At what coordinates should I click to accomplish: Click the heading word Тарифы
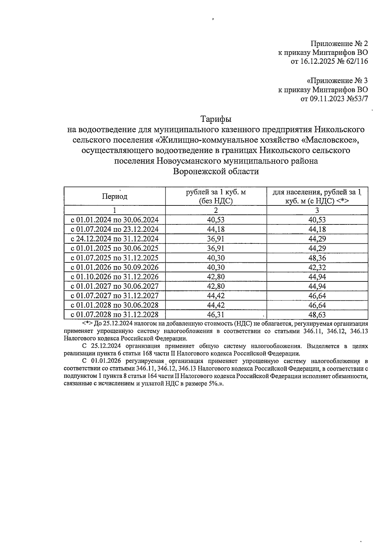click(x=216, y=119)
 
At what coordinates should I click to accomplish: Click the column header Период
click(x=115, y=196)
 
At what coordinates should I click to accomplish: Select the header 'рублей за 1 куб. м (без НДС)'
click(x=216, y=196)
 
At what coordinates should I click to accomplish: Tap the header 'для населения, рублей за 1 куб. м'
click(x=317, y=196)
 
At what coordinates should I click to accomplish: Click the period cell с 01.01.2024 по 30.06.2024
click(x=115, y=220)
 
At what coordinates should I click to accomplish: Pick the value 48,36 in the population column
click(x=317, y=258)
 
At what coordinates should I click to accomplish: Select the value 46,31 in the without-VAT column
click(x=216, y=315)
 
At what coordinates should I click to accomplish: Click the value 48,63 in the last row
click(x=317, y=315)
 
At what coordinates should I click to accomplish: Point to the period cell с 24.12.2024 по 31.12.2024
click(x=115, y=239)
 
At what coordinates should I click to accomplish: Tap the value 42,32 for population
click(x=317, y=267)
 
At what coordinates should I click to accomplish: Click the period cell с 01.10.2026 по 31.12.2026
click(x=115, y=277)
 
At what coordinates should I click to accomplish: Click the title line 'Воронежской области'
click(x=216, y=171)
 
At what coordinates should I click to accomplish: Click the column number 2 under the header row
click(x=216, y=211)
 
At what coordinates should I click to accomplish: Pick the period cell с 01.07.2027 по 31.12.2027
click(x=115, y=296)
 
